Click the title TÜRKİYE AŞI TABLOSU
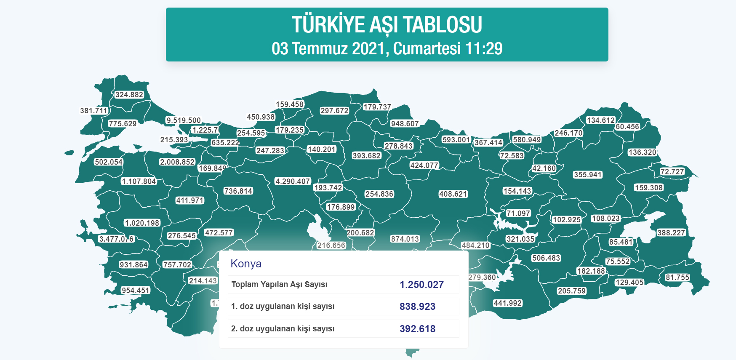pyautogui.click(x=387, y=25)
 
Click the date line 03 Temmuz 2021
pyautogui.click(x=387, y=49)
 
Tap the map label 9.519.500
pyautogui.click(x=184, y=120)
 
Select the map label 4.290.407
pyautogui.click(x=293, y=181)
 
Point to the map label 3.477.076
pyautogui.click(x=116, y=239)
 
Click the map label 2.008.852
pyautogui.click(x=177, y=162)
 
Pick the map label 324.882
pyautogui.click(x=129, y=95)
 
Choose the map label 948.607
pyautogui.click(x=405, y=124)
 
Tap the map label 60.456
pyautogui.click(x=627, y=127)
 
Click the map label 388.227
pyautogui.click(x=671, y=233)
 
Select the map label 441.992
pyautogui.click(x=507, y=303)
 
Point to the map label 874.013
pyautogui.click(x=405, y=239)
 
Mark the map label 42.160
pyautogui.click(x=544, y=168)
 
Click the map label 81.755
pyautogui.click(x=677, y=277)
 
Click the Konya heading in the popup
pyautogui.click(x=246, y=264)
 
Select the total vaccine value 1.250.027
pyautogui.click(x=421, y=285)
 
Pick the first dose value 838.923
pyautogui.click(x=417, y=307)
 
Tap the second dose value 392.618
pyautogui.click(x=417, y=329)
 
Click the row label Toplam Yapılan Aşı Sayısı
pyautogui.click(x=279, y=285)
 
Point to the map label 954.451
pyautogui.click(x=135, y=291)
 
